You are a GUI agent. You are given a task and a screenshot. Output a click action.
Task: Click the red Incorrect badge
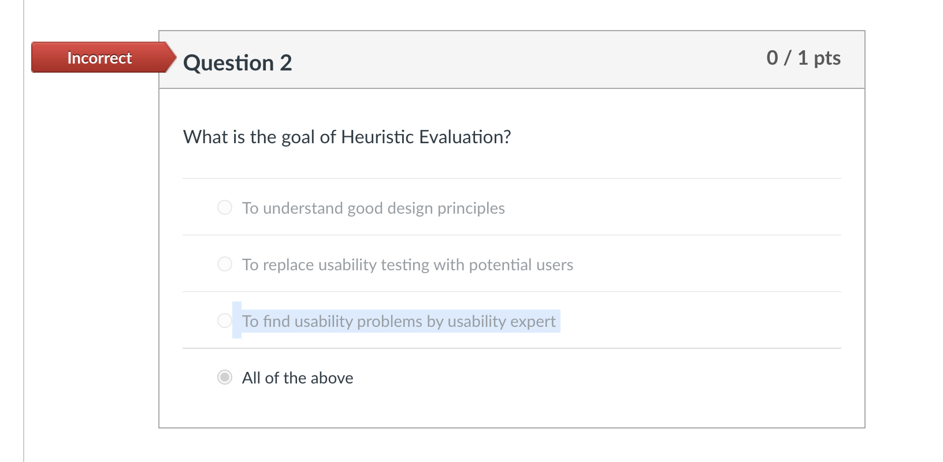coord(99,58)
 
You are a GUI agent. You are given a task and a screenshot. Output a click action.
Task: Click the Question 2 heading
coord(237,63)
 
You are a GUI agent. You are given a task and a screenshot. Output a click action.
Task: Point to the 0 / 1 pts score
coord(803,58)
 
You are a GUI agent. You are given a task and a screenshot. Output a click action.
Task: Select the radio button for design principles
coord(225,207)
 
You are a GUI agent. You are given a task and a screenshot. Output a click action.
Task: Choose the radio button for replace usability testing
coord(225,264)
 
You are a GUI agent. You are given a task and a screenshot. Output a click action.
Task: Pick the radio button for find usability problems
coord(224,321)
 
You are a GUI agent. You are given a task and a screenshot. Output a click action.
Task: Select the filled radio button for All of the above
coord(225,377)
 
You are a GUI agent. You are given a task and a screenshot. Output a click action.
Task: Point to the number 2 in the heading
coord(285,63)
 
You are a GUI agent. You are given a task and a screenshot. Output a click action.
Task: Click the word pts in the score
coord(827,58)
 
